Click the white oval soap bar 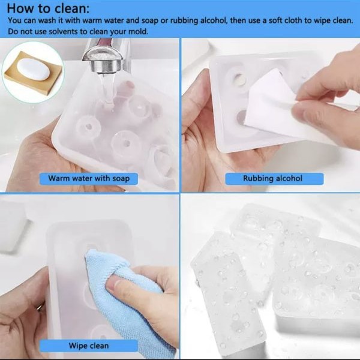pos(34,70)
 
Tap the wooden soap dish pos(33,73)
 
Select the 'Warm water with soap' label pos(89,179)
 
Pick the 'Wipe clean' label pos(89,346)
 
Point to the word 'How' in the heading pos(21,8)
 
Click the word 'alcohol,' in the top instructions pos(214,20)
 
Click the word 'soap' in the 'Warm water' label pos(121,179)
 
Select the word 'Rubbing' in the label pos(257,179)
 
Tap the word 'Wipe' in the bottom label pos(78,346)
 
